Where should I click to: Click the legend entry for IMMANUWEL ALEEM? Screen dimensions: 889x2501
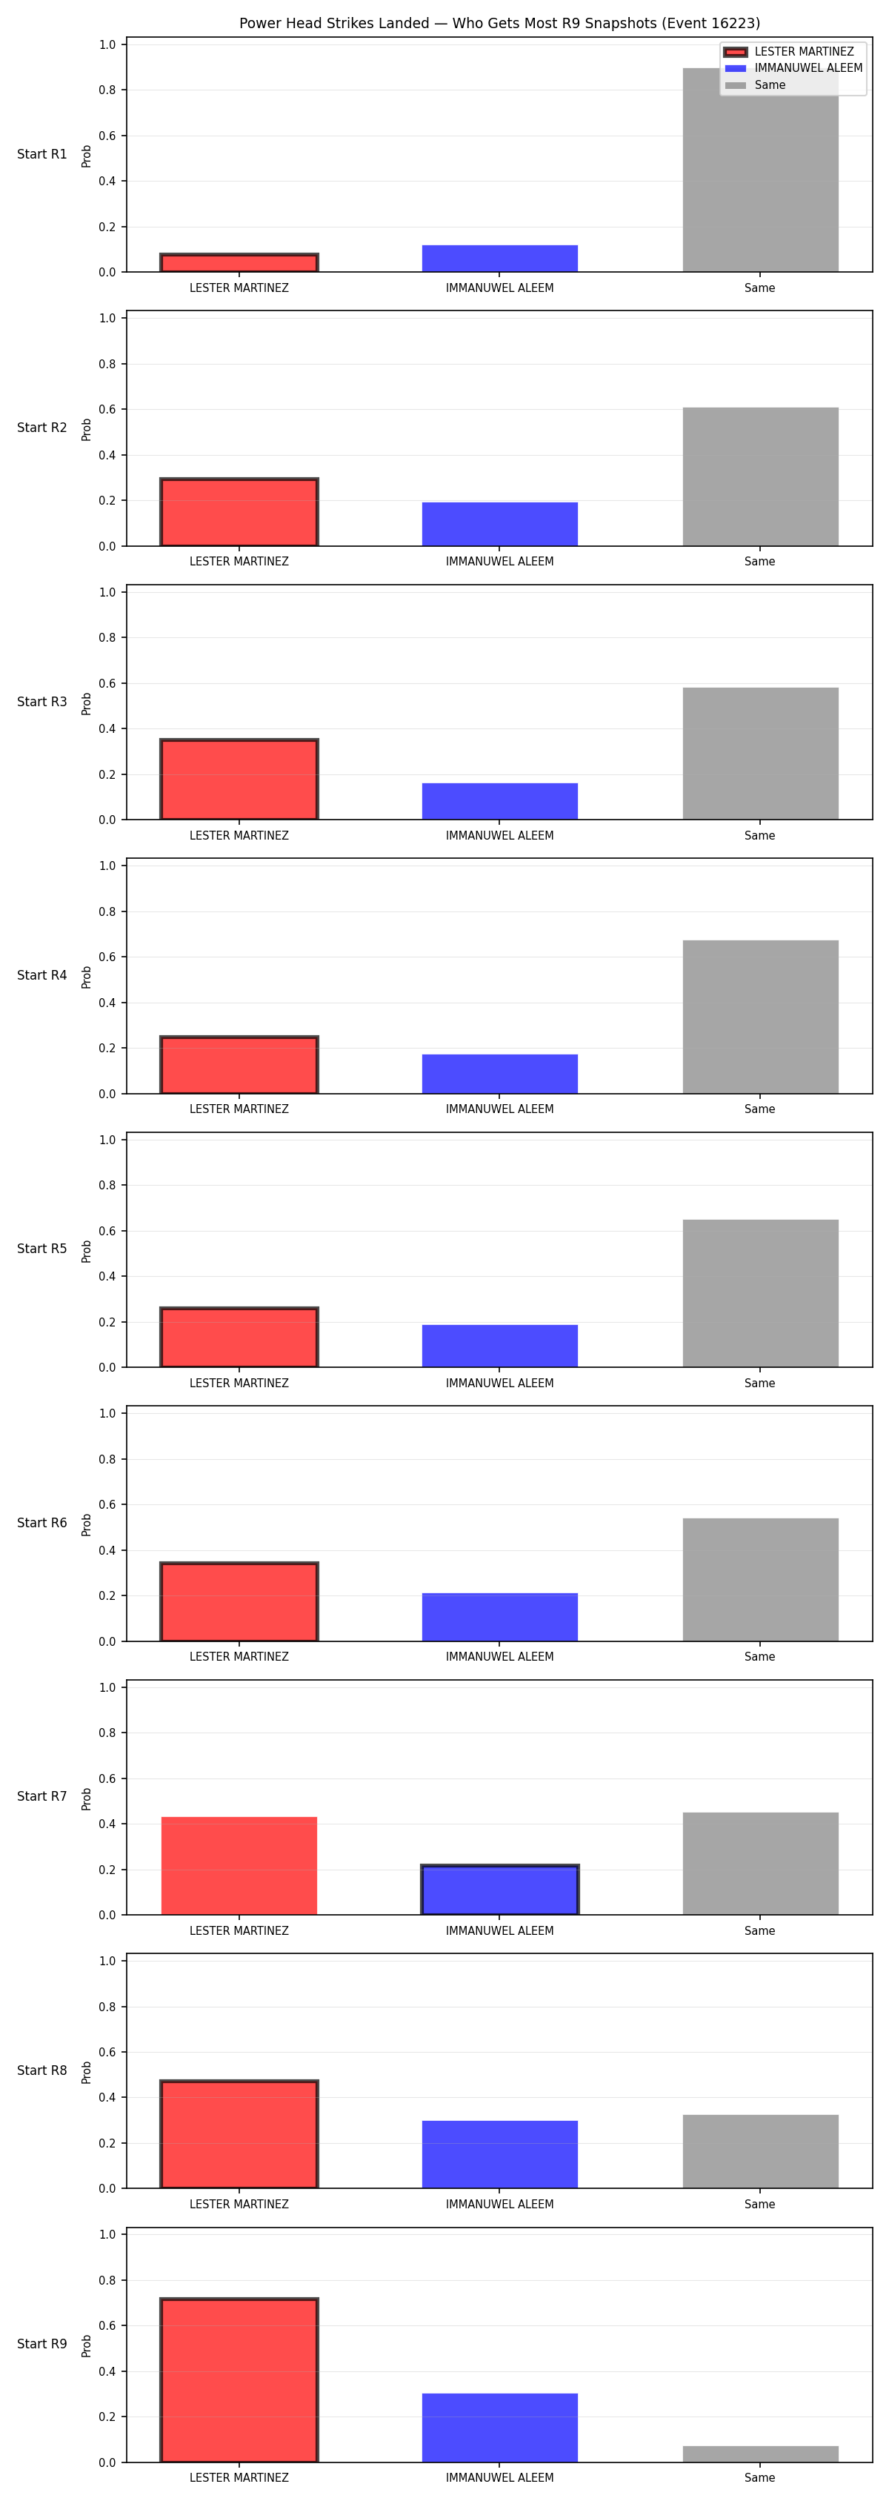(793, 68)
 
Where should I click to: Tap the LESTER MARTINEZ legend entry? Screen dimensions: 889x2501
(789, 51)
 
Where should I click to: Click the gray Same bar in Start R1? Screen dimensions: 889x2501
(760, 170)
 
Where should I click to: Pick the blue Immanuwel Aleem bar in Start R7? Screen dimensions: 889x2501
(500, 1890)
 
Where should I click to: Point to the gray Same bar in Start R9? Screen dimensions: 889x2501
(760, 2454)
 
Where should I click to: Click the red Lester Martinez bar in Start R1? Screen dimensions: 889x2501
(239, 263)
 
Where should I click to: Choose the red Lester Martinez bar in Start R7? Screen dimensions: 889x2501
(239, 1865)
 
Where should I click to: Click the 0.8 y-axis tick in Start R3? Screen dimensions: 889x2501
(107, 638)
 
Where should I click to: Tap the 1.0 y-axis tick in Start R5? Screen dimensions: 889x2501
(107, 1140)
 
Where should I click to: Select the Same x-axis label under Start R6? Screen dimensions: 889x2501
(760, 1656)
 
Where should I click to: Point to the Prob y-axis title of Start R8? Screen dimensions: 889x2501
(87, 2072)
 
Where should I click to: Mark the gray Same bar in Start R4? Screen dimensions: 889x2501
(760, 1017)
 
